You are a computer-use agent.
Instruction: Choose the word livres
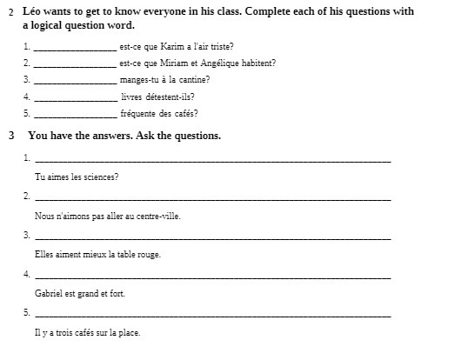pos(132,97)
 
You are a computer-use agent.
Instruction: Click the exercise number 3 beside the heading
pos(10,136)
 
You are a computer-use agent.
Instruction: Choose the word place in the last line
pos(129,333)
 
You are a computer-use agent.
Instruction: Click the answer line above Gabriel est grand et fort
pos(213,278)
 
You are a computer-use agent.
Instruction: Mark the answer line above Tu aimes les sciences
pos(213,161)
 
